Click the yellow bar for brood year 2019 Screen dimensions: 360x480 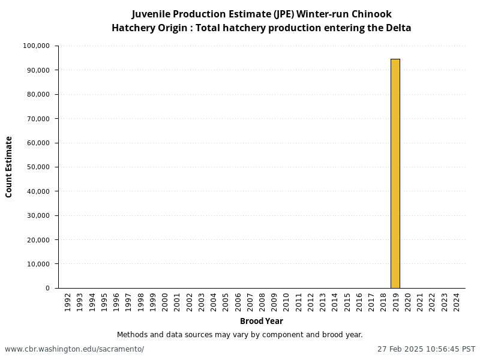point(395,173)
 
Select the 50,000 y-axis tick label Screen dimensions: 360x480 point(39,167)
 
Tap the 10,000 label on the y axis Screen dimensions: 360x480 point(39,264)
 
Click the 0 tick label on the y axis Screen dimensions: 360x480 point(47,288)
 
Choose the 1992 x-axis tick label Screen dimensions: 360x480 point(67,301)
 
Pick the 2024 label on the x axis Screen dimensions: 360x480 point(457,301)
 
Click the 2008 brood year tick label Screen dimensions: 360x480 point(262,301)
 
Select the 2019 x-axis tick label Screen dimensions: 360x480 point(395,301)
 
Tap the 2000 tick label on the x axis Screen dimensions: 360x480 point(164,301)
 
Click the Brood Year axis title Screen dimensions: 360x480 point(261,321)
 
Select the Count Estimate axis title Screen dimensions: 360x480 point(9,167)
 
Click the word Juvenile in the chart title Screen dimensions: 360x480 point(151,14)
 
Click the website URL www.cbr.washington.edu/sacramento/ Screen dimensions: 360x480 point(74,349)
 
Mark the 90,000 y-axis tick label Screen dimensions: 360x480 point(39,70)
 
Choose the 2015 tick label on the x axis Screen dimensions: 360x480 point(347,301)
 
